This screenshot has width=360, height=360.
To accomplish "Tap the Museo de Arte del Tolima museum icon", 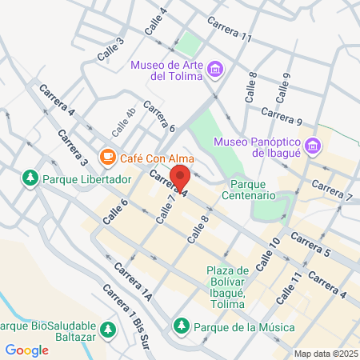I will click(x=214, y=70).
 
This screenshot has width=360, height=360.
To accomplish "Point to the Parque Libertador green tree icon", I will click(x=30, y=177).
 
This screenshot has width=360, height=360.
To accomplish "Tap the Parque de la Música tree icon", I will click(x=182, y=327).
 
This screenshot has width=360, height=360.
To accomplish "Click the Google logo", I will click(x=27, y=350).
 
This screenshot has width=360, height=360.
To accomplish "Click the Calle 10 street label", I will click(x=268, y=252).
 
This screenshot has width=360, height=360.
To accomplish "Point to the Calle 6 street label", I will click(x=114, y=210).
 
